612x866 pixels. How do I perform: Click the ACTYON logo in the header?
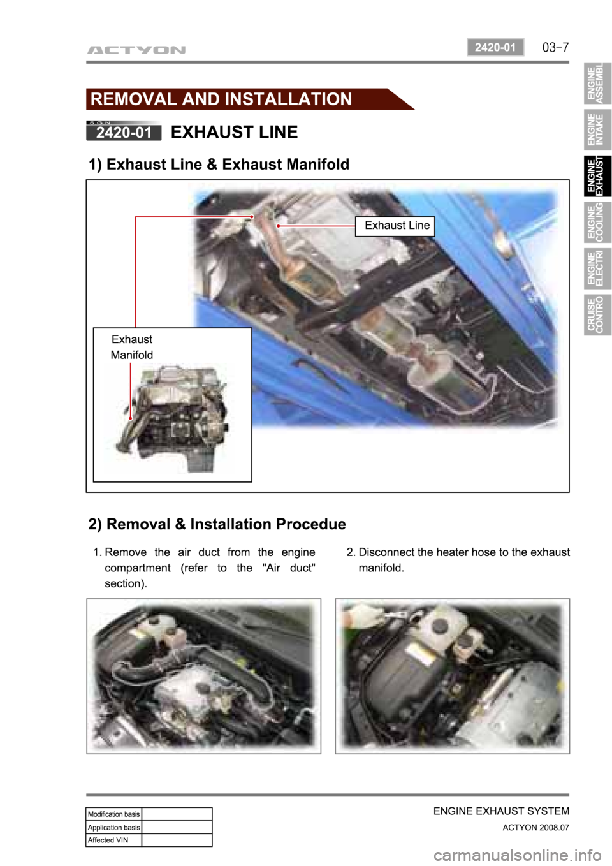[136, 50]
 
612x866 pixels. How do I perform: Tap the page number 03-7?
[555, 48]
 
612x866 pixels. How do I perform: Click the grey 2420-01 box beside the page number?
[495, 47]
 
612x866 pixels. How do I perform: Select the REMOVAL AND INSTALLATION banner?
[250, 99]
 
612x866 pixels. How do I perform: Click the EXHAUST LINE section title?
[234, 132]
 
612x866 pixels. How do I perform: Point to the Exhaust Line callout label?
[395, 226]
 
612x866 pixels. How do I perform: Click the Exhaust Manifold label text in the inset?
[132, 347]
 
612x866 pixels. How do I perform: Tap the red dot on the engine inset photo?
[131, 418]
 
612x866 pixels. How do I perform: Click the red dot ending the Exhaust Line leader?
[278, 226]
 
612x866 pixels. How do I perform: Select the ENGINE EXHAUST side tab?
[597, 176]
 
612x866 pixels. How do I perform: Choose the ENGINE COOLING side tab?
[597, 223]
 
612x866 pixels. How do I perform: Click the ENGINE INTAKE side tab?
[597, 129]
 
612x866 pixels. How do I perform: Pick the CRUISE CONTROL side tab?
[597, 314]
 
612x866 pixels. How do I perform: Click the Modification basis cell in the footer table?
[113, 814]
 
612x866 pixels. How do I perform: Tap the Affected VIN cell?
[113, 840]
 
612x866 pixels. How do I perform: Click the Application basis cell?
[113, 827]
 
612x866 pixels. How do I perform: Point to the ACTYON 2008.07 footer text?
[535, 827]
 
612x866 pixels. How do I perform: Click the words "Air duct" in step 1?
[289, 568]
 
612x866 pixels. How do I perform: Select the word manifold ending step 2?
[381, 568]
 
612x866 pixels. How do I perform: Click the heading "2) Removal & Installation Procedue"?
[217, 524]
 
